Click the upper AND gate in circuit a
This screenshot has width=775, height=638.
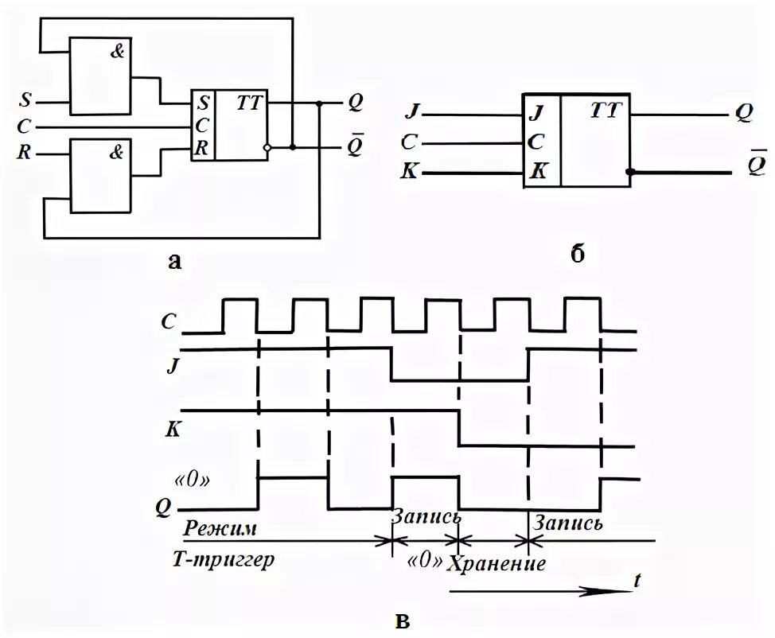(x=100, y=76)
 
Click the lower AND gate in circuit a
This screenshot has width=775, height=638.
(x=100, y=176)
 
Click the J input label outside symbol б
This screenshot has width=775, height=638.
(x=412, y=111)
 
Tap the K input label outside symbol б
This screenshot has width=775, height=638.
(x=412, y=171)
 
